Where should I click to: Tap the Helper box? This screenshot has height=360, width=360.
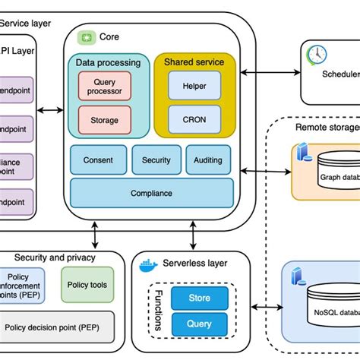coord(194,86)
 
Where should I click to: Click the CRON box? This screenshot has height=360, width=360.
coord(194,119)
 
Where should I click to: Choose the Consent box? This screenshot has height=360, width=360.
coord(98,160)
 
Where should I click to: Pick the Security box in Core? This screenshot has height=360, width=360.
coord(156,160)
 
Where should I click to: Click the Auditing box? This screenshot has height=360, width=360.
coord(207,160)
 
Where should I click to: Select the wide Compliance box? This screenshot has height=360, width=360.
coord(152,194)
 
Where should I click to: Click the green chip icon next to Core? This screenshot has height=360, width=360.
coord(87,36)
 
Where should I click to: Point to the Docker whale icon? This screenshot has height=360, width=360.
coord(147,264)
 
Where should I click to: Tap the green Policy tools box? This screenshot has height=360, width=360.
coord(87,285)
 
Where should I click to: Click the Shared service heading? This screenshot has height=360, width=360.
coord(194,62)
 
